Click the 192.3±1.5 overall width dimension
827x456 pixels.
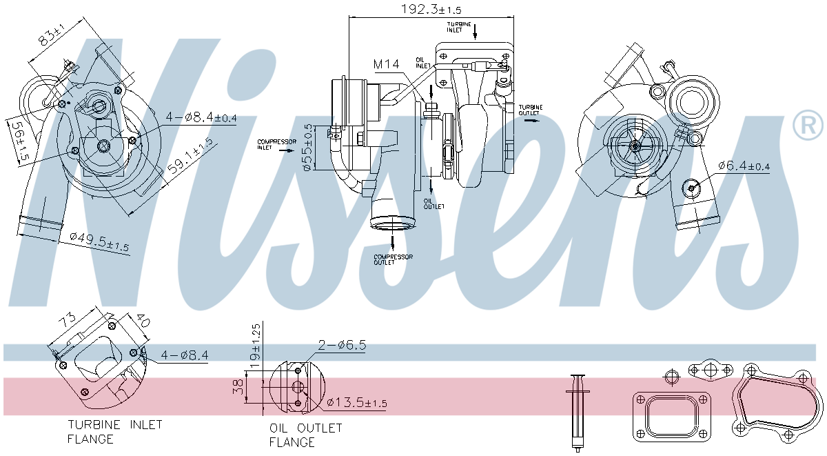431,10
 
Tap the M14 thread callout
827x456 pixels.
386,64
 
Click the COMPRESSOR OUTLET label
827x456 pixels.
393,259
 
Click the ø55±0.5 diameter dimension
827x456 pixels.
309,148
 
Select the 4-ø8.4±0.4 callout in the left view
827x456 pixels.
201,117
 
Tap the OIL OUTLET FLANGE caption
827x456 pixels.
305,435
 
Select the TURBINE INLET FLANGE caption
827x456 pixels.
114,431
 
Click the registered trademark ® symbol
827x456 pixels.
808,125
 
